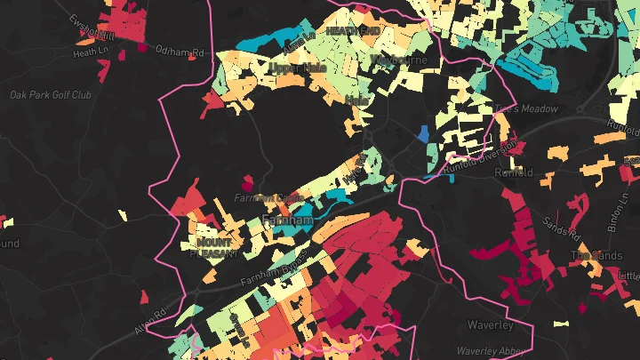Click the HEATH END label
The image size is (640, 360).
coord(353,30)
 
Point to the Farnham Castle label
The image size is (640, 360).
coord(264,197)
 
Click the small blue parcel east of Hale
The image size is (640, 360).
coord(423,134)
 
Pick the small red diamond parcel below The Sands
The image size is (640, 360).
coord(582,308)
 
